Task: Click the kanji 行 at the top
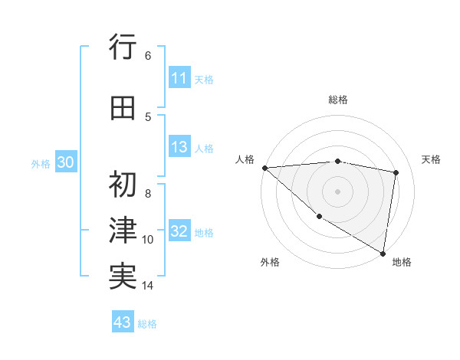pos(123,48)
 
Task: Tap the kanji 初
pos(123,185)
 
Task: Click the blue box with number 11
pos(179,78)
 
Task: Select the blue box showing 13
pos(179,148)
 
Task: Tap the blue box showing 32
pos(179,232)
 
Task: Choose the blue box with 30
pos(66,162)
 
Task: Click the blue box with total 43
pos(123,322)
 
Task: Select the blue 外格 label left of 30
pos(41,163)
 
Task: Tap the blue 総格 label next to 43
pos(147,324)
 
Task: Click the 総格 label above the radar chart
pos(338,100)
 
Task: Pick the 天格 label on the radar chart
pos(432,159)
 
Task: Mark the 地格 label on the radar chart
pos(402,262)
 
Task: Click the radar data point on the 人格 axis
pos(264,167)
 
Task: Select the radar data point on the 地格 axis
pos(383,252)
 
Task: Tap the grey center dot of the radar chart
pos(338,191)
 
